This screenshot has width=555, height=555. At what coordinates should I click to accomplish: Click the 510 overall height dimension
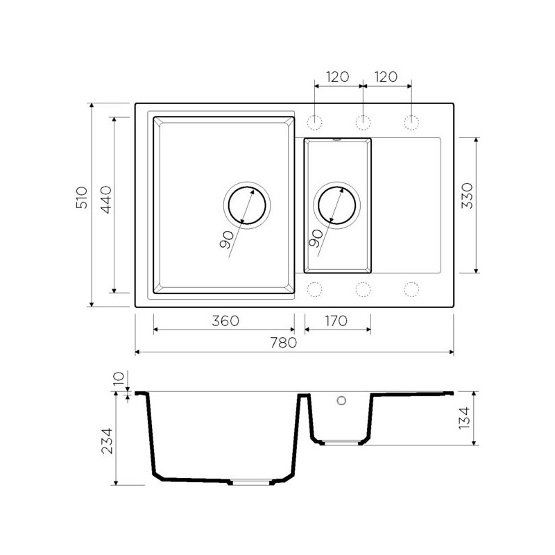tap(82, 198)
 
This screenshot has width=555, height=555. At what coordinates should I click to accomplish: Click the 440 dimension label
tap(106, 200)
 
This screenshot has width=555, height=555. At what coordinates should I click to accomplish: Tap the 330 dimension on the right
tap(467, 196)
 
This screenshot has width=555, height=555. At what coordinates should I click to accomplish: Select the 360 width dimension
tap(225, 321)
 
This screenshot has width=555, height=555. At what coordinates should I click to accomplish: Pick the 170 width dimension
tap(336, 321)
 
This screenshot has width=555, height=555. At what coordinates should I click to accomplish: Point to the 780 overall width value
tap(284, 343)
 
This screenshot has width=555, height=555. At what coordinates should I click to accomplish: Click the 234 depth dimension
tap(107, 441)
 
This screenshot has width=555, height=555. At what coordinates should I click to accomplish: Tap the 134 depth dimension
tap(464, 418)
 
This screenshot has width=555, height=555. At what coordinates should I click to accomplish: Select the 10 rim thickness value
tap(119, 378)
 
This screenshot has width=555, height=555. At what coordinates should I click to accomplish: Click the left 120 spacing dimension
tap(337, 77)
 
